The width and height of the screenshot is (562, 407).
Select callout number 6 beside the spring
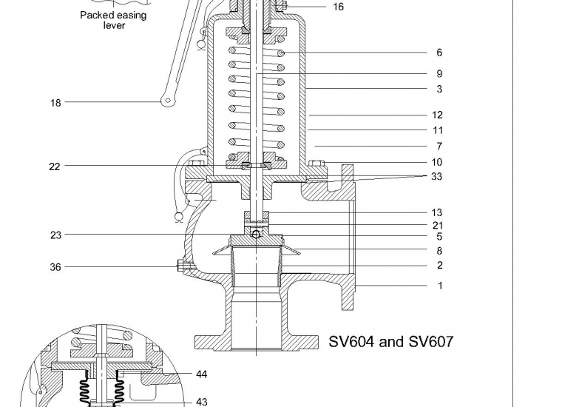(x=439, y=53)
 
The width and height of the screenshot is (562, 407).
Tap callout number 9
(x=439, y=74)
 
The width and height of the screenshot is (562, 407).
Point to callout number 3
(x=439, y=90)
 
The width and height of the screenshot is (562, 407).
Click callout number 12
(x=437, y=115)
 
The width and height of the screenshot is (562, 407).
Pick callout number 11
(x=437, y=130)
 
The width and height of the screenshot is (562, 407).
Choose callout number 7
(x=439, y=147)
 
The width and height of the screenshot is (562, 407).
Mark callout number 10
(x=437, y=162)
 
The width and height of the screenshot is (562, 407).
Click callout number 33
(x=437, y=177)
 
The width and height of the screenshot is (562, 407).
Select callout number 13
(x=437, y=213)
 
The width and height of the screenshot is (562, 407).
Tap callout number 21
(x=437, y=225)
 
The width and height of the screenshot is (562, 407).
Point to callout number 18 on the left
(x=55, y=103)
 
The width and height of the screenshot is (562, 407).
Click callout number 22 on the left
(x=54, y=167)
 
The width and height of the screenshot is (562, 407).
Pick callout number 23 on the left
(x=55, y=235)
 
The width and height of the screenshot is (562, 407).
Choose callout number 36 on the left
(x=55, y=267)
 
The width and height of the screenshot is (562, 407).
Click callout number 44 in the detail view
(x=201, y=374)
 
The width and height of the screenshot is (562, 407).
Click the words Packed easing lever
(x=113, y=20)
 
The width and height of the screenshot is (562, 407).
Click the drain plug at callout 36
(x=180, y=266)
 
